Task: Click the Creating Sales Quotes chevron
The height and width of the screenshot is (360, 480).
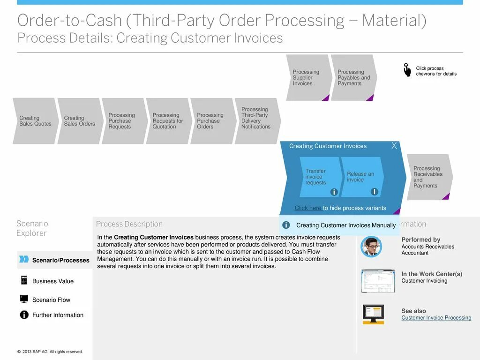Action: (x=34, y=121)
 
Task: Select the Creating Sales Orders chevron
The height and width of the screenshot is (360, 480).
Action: (x=79, y=121)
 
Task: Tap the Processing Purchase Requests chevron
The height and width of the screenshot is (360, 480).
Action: (x=123, y=121)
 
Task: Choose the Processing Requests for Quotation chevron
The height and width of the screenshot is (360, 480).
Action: (x=167, y=121)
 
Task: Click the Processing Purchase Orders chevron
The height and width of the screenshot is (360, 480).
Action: (x=211, y=121)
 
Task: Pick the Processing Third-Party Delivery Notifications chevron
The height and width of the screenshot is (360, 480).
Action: (x=256, y=118)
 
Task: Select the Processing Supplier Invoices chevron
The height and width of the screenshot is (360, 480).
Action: (x=307, y=78)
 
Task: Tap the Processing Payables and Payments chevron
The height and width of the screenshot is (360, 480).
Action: (x=353, y=78)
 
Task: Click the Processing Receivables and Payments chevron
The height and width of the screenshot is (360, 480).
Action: (x=428, y=177)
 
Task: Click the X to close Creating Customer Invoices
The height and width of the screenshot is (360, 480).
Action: (x=394, y=146)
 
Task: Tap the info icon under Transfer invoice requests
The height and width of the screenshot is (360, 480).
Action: (x=334, y=192)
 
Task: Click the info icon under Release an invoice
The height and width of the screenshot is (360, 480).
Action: (x=374, y=192)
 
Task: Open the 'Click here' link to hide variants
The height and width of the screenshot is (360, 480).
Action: (x=308, y=208)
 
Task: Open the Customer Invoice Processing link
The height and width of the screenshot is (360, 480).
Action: (x=436, y=318)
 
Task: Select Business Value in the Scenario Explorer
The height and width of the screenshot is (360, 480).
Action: (x=52, y=281)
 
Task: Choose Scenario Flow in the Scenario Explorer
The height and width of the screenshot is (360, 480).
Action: (x=51, y=300)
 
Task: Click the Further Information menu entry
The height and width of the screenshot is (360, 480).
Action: (x=58, y=315)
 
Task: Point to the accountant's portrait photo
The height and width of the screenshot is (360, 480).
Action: (x=371, y=247)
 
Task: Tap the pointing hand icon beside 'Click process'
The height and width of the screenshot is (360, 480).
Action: (x=407, y=70)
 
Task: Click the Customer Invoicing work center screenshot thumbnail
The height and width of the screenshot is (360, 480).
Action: (x=378, y=281)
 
